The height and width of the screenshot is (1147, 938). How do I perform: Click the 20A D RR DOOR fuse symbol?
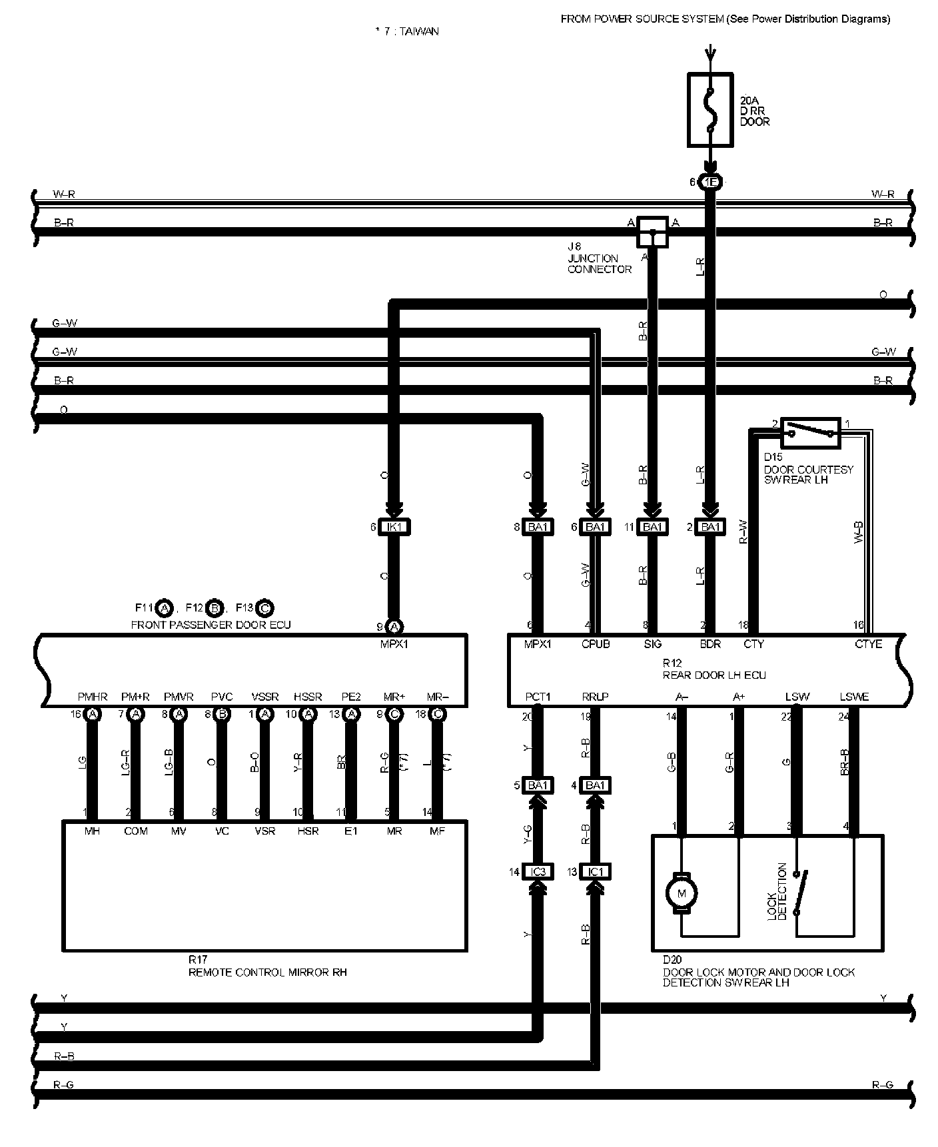coord(710,110)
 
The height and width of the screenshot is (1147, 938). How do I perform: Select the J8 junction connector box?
coord(652,232)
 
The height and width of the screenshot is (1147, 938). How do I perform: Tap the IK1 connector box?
coord(394,527)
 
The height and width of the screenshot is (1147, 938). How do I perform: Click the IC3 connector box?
coord(538,871)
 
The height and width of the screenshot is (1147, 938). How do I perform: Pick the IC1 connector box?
coord(595,871)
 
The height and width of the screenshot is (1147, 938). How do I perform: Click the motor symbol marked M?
coord(681,893)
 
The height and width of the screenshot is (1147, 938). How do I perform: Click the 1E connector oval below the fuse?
coord(710,182)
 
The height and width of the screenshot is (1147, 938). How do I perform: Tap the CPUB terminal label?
coord(595,644)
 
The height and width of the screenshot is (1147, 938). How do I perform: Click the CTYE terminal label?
coord(868,644)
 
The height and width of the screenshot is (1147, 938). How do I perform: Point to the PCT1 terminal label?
coord(538,697)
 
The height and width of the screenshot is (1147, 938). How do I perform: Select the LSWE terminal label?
coord(854,697)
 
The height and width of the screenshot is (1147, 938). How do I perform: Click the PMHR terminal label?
coord(93,697)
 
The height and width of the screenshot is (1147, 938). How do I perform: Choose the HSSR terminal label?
coord(308,697)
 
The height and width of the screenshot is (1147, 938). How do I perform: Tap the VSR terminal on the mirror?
coord(264,831)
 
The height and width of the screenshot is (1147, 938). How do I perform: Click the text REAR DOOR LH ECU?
coord(714,675)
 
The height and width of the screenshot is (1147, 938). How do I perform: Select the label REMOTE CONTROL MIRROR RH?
coord(267,972)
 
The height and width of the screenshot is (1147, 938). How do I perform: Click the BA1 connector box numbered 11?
coord(652,527)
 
